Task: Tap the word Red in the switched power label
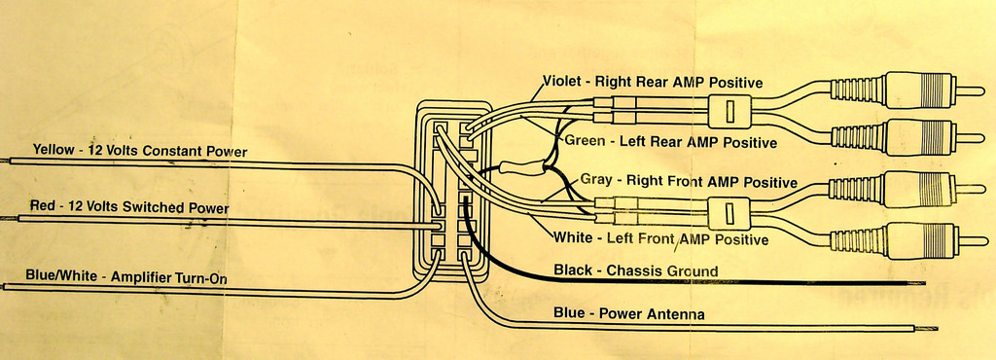click(41, 206)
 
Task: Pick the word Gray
click(596, 180)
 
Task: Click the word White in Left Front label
click(572, 238)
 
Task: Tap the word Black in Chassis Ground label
click(572, 270)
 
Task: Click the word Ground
click(693, 271)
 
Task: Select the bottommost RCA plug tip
click(973, 240)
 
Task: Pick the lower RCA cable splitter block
click(729, 213)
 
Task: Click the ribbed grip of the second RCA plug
click(858, 136)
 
